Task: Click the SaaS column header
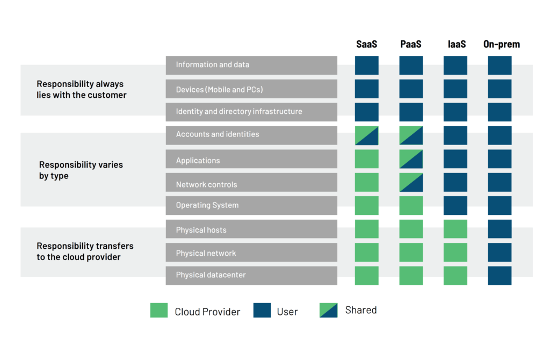coord(367,44)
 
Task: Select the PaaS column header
coord(411,44)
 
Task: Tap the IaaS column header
coord(456,44)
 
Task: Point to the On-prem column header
coord(502,44)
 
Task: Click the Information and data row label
coord(213,65)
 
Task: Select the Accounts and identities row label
coord(218,134)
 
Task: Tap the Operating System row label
coord(207,205)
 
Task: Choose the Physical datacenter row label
coord(211,275)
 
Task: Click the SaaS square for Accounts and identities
coord(367,135)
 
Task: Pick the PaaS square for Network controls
coord(411,182)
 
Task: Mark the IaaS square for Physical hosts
coord(455,229)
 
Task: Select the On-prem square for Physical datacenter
coord(500,276)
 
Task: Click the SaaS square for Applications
coord(367,159)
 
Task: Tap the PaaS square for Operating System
coord(411,205)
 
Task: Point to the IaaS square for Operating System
coord(455,205)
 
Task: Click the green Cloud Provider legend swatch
coord(159,311)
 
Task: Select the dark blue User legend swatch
coord(262,311)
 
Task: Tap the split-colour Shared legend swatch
coord(328,311)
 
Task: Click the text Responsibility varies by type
coord(81,170)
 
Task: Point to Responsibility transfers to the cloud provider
coord(85,251)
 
